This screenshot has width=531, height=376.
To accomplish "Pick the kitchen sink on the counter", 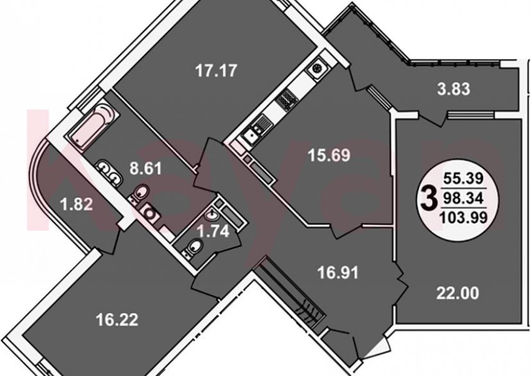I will pos(251,134).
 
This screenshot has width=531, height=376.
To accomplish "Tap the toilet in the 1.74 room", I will pos(192,247).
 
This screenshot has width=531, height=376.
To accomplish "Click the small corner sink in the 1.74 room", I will pos(213,215).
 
